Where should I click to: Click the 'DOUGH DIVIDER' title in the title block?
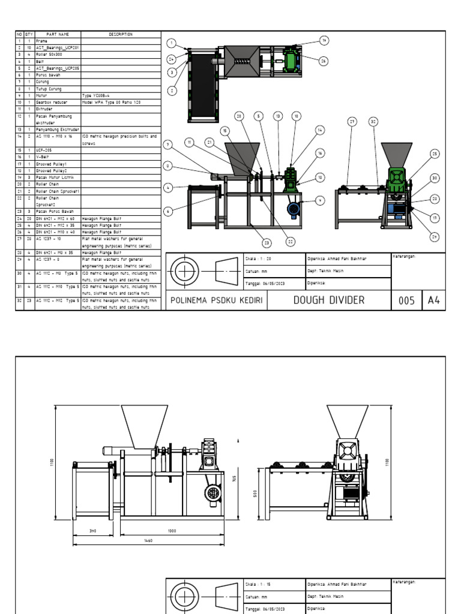[x=328, y=300]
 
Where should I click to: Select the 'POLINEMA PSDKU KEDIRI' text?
[x=217, y=300]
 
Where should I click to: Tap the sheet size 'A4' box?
[x=433, y=300]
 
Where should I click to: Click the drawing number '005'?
[x=406, y=300]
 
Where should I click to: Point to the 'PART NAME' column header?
[x=58, y=34]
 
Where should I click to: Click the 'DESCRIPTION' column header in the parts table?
[x=121, y=34]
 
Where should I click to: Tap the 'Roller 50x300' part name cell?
[x=48, y=54]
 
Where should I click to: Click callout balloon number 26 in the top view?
[x=324, y=61]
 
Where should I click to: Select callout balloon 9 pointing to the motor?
[x=320, y=200]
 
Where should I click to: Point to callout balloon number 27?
[x=352, y=121]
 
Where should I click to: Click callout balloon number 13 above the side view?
[x=278, y=116]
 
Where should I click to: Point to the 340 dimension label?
[x=93, y=531]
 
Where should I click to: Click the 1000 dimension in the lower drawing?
[x=172, y=531]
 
